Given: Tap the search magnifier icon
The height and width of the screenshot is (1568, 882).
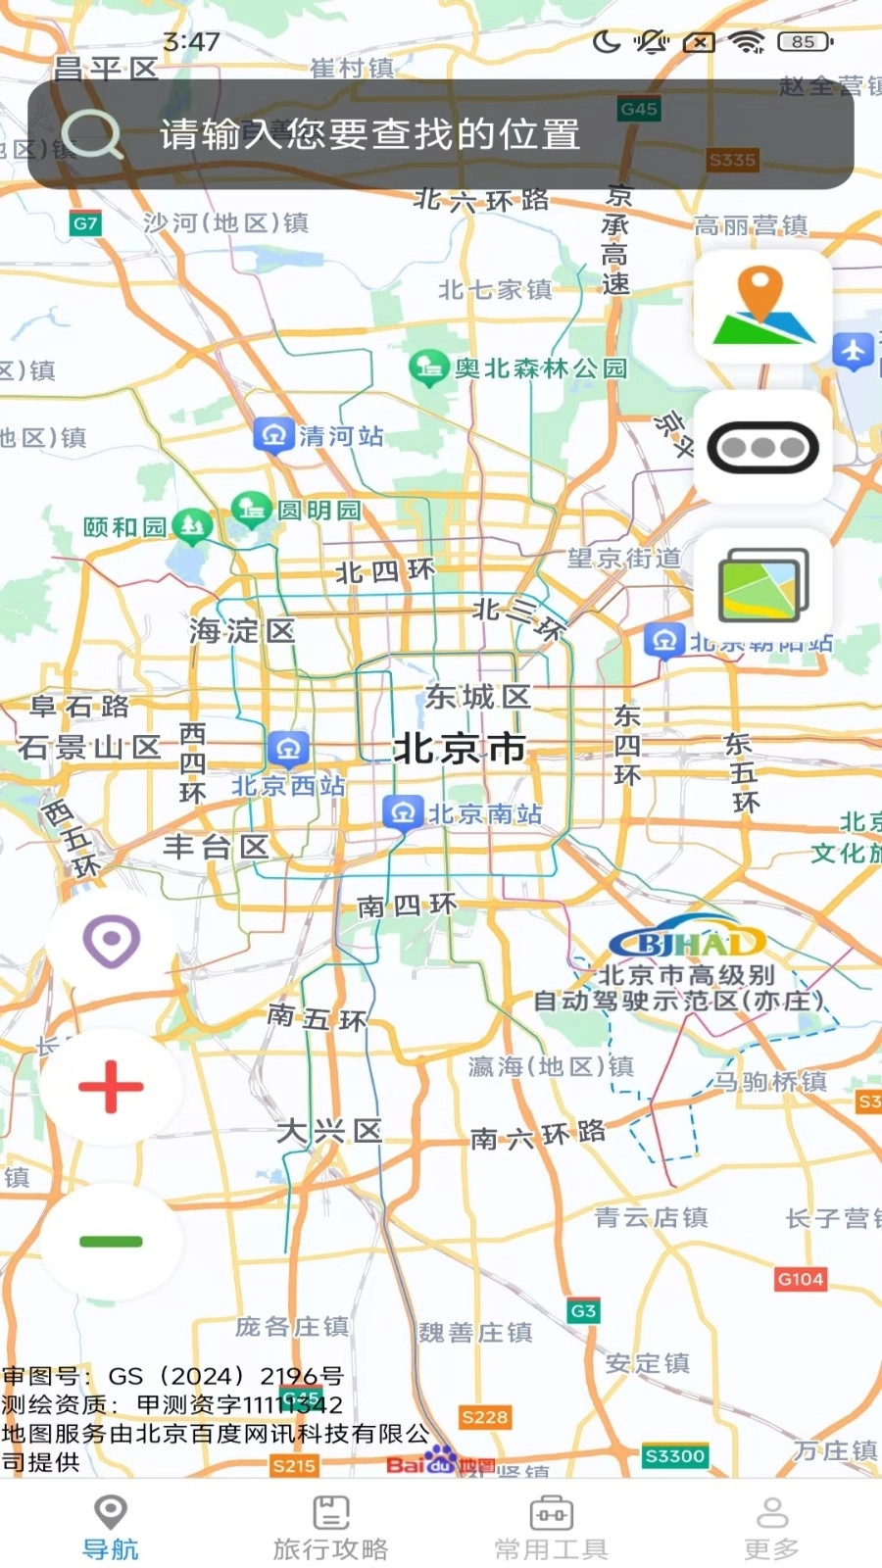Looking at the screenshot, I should pos(92,134).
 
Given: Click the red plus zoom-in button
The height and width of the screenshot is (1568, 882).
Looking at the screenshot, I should pos(111,1087).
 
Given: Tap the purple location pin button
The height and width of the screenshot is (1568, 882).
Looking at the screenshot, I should pos(111,942).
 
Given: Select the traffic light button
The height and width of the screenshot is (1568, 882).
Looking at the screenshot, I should pos(762,448).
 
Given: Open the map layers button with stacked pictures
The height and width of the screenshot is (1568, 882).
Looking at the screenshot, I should pos(762,587).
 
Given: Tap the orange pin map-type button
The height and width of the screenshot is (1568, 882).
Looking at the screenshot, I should pos(762,306).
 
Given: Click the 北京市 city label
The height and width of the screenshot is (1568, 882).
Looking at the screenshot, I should pos(460,750).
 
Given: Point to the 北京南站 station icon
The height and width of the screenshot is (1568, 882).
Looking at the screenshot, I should pos(402,813).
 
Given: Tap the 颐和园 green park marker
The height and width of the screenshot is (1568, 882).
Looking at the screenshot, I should pos(192,526).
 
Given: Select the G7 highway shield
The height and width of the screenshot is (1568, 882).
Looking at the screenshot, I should pos(85,223).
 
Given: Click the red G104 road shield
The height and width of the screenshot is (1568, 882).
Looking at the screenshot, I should pos(800,1279).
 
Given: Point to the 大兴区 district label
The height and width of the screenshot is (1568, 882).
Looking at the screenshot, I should pos(328,1132).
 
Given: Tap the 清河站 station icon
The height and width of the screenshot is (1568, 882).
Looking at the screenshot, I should pos(273,435).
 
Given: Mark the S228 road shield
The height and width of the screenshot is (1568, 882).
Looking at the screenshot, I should pos(484,1417).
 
